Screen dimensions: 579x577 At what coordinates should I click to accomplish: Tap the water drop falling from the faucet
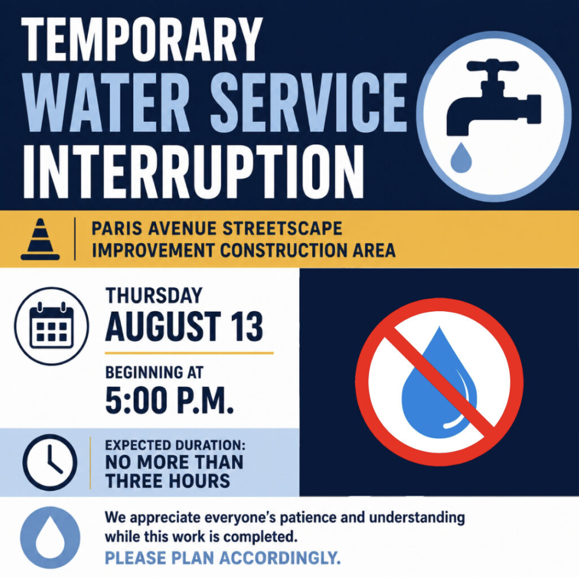tap(461, 158)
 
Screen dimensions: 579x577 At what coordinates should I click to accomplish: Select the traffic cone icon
tap(40, 239)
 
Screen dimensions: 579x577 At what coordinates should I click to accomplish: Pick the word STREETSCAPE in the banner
tap(283, 229)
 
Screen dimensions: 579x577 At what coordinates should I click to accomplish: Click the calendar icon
tap(51, 326)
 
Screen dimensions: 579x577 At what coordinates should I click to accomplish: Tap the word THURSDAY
tap(154, 295)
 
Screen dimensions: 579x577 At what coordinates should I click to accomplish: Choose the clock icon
tap(50, 462)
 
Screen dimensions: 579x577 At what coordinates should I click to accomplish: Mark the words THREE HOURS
tap(167, 481)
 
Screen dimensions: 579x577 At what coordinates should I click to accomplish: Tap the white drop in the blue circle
tap(50, 537)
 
